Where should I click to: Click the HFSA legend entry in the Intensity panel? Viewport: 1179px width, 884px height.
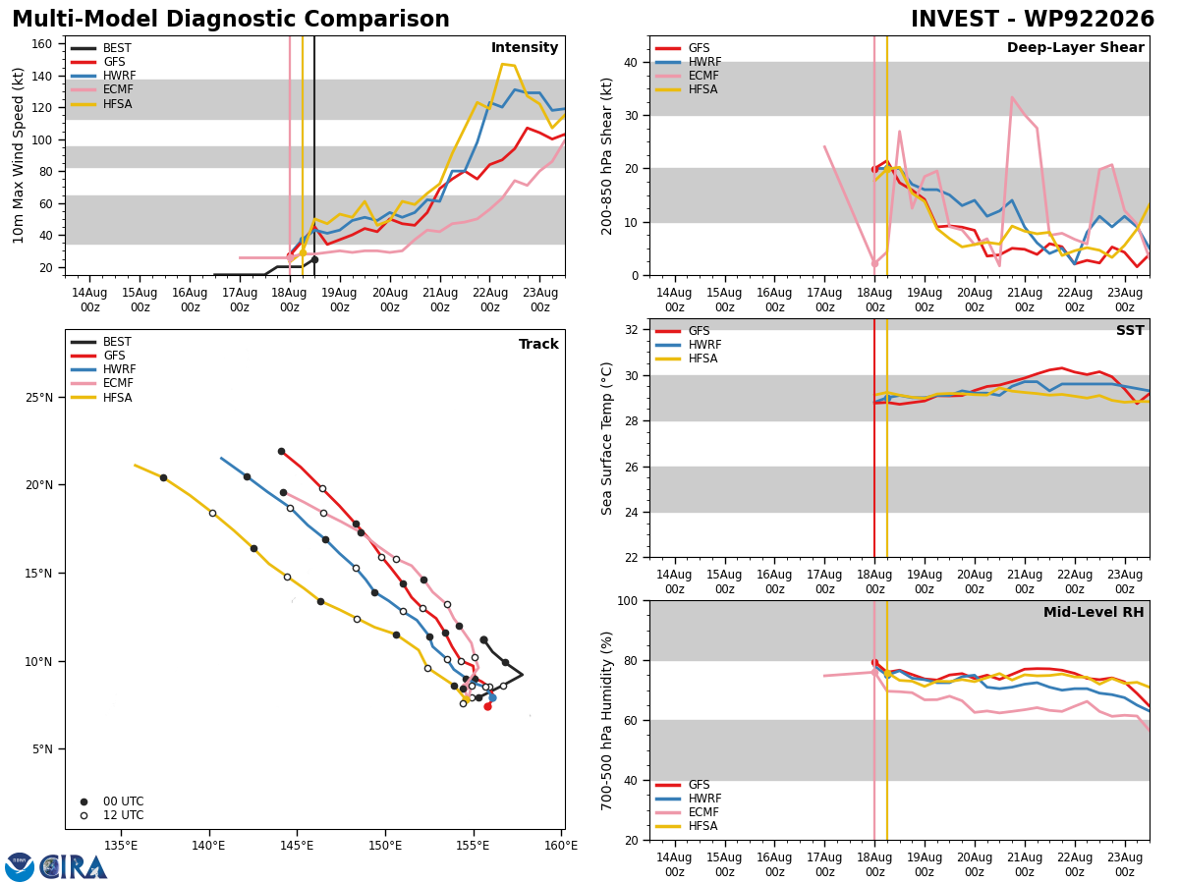tap(117, 103)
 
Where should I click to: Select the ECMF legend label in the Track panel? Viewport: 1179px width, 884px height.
tap(118, 383)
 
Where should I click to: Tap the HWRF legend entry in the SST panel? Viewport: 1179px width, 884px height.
tap(704, 345)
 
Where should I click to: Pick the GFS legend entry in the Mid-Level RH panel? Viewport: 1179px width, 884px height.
tap(699, 785)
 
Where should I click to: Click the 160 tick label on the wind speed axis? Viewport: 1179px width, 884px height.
tap(42, 44)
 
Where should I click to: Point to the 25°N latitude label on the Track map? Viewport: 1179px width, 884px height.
tap(39, 398)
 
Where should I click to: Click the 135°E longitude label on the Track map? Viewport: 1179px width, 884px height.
tap(120, 846)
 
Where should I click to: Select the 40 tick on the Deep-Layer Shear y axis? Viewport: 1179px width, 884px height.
tap(631, 62)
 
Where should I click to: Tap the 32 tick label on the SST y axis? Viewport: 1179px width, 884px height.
tap(631, 330)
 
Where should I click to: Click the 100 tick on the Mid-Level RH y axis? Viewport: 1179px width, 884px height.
tap(628, 600)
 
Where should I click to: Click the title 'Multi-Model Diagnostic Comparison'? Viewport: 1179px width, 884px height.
tap(231, 20)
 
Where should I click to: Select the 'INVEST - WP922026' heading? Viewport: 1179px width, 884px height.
tap(1033, 19)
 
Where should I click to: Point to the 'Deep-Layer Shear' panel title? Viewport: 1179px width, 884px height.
tap(1075, 47)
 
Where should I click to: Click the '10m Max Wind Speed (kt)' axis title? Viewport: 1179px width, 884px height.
tap(18, 155)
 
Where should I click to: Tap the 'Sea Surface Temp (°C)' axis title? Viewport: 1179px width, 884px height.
tap(606, 438)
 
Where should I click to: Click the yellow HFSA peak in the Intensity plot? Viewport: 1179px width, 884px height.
tap(502, 65)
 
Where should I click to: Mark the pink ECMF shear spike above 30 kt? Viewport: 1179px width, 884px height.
tap(1011, 97)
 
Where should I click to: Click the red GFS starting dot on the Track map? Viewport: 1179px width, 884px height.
tap(487, 706)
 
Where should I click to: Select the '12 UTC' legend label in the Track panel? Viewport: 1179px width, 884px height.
tap(124, 815)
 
